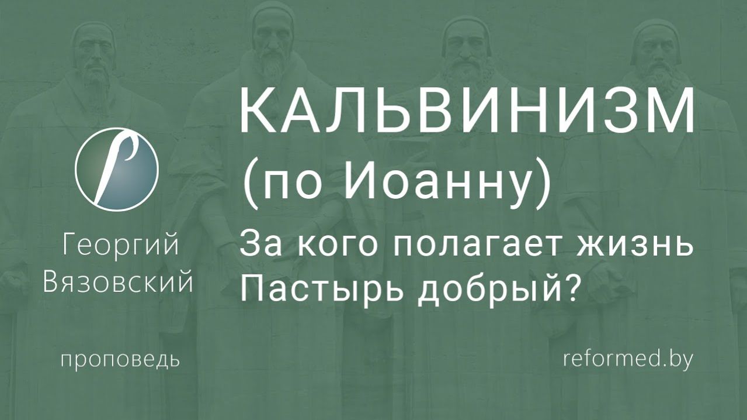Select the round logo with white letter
pyautogui.click(x=117, y=169)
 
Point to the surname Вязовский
pyautogui.click(x=119, y=283)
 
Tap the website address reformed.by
pyautogui.click(x=628, y=359)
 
